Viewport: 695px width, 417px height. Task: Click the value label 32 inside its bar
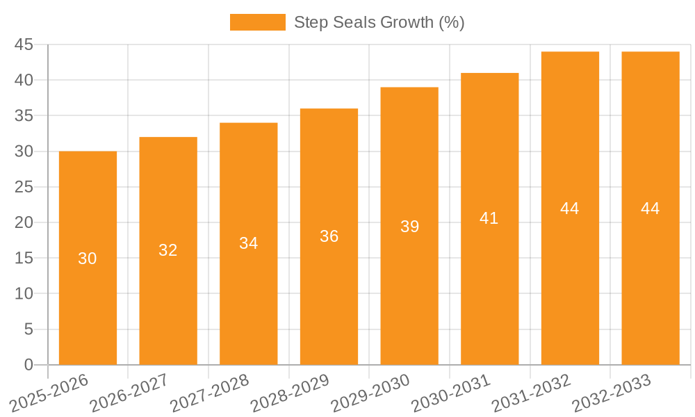168,250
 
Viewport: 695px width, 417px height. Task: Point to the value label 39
409,227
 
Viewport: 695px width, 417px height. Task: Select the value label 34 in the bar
249,243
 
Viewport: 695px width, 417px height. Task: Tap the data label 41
489,218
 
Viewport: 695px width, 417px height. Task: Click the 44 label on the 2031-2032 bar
570,208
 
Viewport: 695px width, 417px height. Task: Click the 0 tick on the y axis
28,365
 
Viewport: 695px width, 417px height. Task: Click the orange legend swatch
257,22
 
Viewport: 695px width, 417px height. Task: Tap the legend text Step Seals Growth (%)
379,22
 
